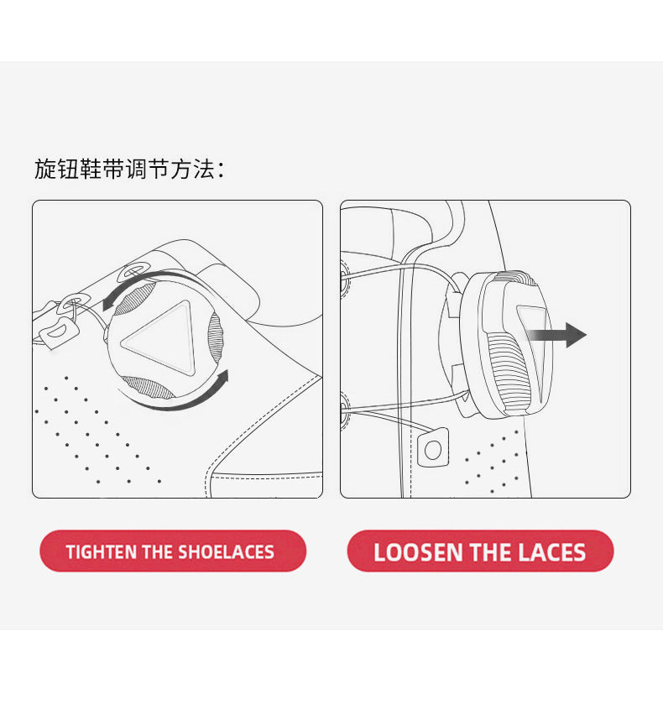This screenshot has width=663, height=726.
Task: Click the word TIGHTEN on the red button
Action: [x=102, y=552]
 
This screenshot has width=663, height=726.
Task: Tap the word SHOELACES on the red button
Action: [x=226, y=552]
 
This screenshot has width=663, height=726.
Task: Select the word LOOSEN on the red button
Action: [x=418, y=552]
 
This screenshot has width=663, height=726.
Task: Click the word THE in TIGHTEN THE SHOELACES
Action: [x=158, y=552]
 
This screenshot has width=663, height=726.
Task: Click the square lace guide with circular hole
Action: [x=433, y=447]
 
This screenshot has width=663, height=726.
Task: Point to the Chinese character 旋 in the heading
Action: [x=45, y=169]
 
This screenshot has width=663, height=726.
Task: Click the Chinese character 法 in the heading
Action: [x=204, y=169]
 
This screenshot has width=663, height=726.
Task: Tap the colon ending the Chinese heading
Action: [x=221, y=170]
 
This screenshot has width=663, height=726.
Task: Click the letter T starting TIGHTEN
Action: [x=70, y=552]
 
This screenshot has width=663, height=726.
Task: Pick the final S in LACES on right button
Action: [x=580, y=552]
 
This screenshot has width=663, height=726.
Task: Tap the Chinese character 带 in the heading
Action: [x=113, y=169]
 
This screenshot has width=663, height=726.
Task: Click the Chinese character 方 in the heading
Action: [x=181, y=169]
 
